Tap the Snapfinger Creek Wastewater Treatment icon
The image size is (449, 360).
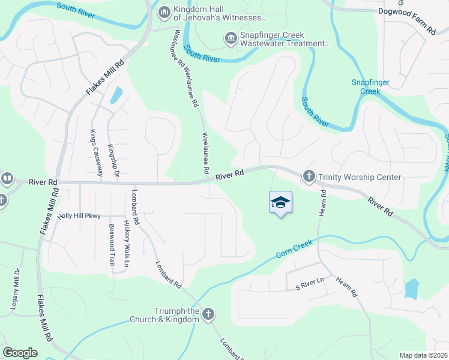tap(230, 39)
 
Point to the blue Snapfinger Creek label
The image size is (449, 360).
tap(366, 87)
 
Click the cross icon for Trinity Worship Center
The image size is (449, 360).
tap(309, 176)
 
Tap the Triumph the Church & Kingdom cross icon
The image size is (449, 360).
tap(208, 314)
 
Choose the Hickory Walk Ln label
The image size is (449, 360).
tap(127, 243)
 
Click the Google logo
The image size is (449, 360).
tap(20, 353)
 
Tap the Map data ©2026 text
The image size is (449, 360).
tap(423, 355)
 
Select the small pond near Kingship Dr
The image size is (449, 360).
tap(116, 95)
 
